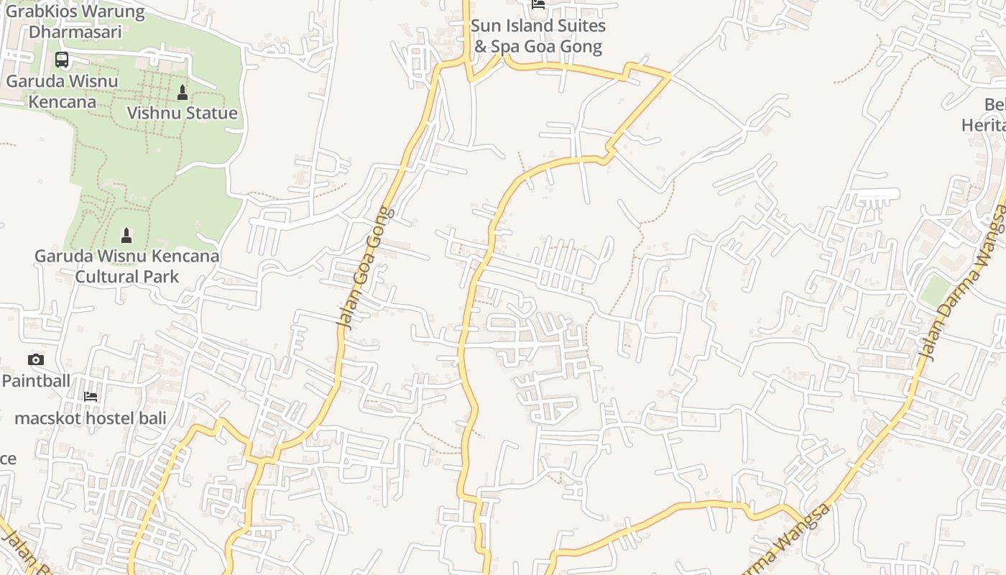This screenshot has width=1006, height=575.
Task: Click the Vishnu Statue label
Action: (x=182, y=113)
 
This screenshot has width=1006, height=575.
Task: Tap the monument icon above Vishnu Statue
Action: (x=182, y=93)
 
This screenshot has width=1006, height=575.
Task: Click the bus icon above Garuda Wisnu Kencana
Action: (x=62, y=60)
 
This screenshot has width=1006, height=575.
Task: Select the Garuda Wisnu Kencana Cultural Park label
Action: (x=127, y=266)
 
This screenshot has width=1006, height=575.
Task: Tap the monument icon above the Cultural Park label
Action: (x=126, y=235)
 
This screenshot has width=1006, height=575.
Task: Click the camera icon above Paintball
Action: (x=35, y=359)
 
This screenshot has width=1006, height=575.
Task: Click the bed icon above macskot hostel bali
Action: (x=91, y=397)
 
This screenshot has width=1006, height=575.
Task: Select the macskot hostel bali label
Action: (x=91, y=418)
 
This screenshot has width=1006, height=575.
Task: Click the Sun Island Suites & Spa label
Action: (x=537, y=36)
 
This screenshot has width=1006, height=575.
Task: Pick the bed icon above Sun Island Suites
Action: (x=537, y=4)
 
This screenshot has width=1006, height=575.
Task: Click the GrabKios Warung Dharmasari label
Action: (x=75, y=22)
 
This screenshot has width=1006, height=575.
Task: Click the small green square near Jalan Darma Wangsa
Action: (x=935, y=290)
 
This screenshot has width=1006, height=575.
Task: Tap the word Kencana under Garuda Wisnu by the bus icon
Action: (x=62, y=101)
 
